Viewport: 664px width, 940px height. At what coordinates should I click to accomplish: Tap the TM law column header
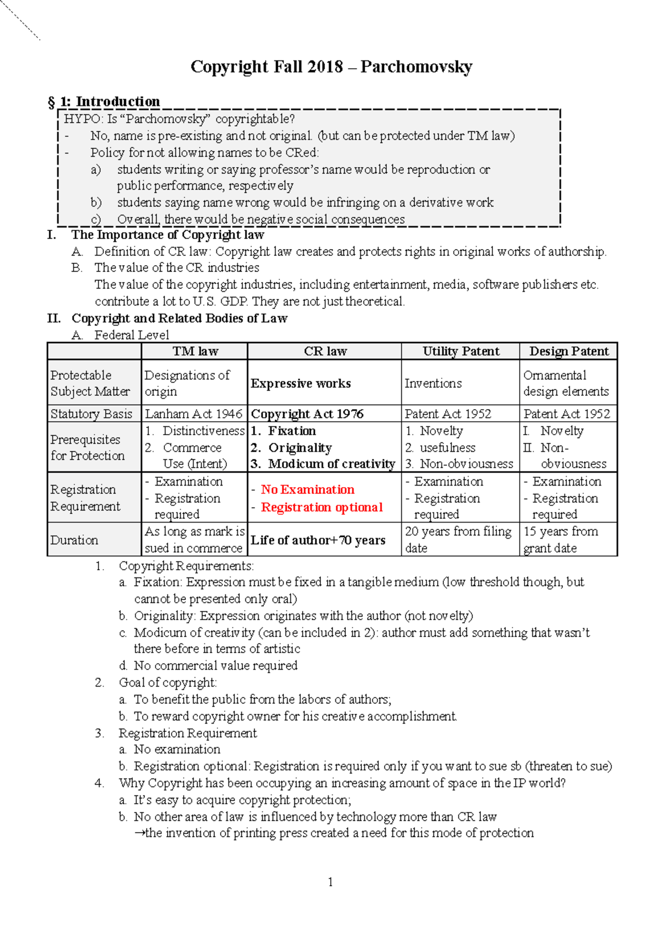click(x=195, y=351)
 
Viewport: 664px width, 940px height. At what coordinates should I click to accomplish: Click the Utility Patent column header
click(x=460, y=351)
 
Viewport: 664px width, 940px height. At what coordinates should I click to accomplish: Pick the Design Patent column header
click(x=568, y=351)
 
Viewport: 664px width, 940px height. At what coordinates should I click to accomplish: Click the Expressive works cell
click(x=300, y=383)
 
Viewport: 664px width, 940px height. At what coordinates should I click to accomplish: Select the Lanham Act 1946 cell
click(x=194, y=414)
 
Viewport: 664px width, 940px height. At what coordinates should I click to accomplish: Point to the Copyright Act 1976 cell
click(x=307, y=414)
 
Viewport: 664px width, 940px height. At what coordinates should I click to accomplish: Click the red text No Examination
click(x=308, y=489)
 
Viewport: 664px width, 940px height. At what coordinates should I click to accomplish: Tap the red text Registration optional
click(x=321, y=507)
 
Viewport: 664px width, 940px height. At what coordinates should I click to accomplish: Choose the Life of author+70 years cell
click(x=318, y=540)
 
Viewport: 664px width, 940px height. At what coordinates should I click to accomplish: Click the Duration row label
click(x=74, y=540)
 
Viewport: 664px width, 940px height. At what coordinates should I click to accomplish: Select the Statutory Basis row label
click(x=91, y=414)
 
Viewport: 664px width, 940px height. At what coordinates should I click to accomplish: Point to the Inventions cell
click(x=433, y=383)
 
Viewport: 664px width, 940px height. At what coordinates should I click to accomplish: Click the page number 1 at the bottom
click(x=330, y=882)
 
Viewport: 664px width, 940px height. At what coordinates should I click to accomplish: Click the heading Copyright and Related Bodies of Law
click(x=179, y=318)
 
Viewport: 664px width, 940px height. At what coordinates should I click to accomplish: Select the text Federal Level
click(x=132, y=335)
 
